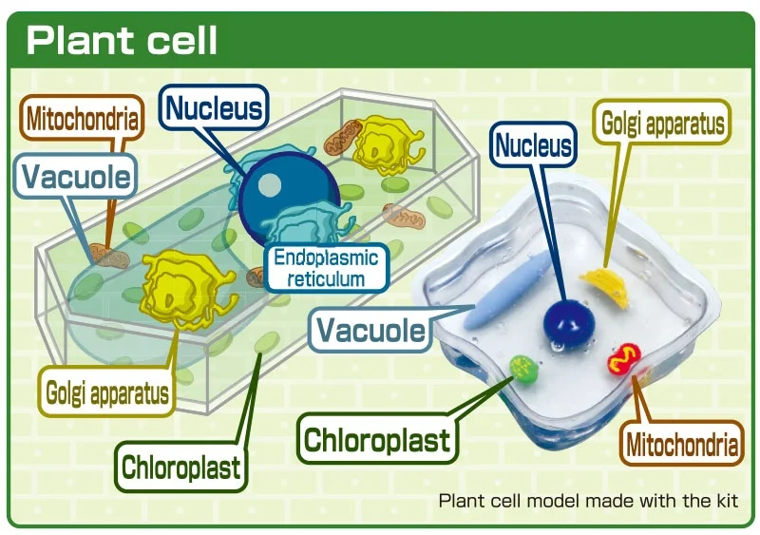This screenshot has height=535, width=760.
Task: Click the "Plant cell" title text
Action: (x=123, y=41)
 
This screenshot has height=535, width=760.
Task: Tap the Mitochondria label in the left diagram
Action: (x=83, y=120)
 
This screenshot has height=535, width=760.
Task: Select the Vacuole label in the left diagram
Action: (x=77, y=176)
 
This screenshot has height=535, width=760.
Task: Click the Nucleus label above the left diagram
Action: (x=214, y=108)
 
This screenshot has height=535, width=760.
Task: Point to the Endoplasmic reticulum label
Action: (x=326, y=268)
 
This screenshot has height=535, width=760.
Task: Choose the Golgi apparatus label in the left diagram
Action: (x=106, y=392)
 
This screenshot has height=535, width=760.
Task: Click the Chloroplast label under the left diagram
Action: (x=180, y=467)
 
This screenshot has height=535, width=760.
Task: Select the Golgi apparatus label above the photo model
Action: (x=663, y=124)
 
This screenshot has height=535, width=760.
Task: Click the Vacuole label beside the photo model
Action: (x=370, y=330)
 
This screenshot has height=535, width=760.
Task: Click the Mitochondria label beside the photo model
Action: (x=681, y=445)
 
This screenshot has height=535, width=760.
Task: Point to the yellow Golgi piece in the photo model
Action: (x=607, y=285)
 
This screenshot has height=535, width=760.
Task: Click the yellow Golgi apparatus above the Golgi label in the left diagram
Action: (x=185, y=290)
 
